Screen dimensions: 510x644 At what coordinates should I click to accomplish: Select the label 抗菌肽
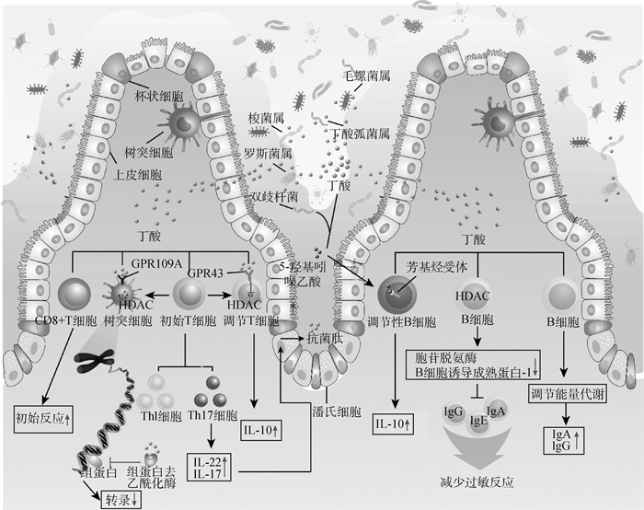328,340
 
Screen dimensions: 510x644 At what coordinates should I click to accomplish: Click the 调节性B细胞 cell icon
397,295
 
